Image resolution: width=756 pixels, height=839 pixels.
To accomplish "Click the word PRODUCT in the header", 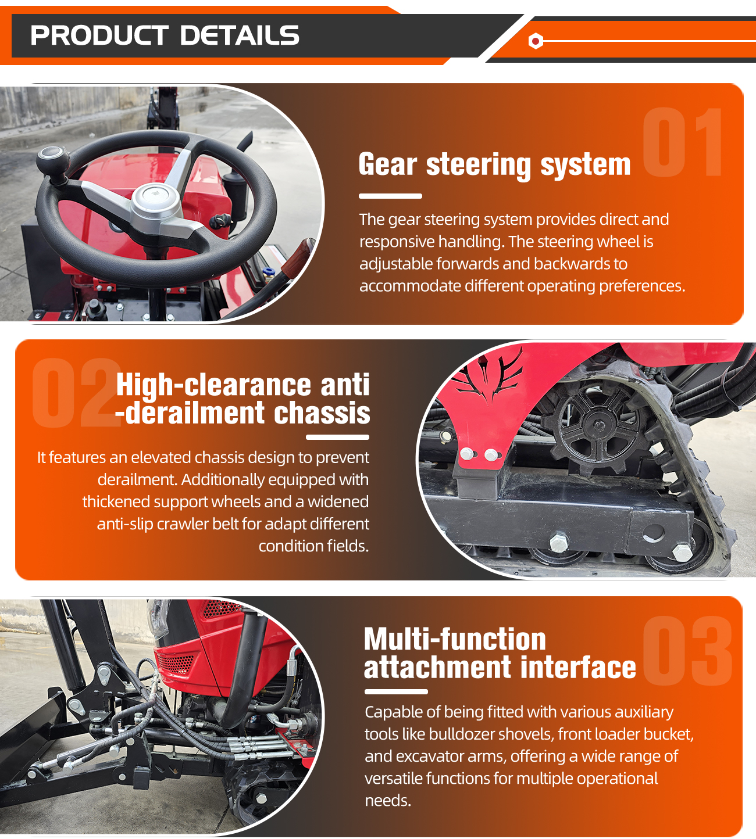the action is [99, 35].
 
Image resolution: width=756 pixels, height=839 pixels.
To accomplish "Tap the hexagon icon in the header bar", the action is [536, 41].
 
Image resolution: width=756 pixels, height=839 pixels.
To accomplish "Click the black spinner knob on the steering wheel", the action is [53, 161].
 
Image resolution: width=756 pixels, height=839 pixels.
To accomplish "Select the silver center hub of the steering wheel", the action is [155, 203].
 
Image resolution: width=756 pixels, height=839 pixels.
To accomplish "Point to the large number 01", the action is [682, 142].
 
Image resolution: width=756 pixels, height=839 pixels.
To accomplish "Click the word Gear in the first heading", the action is [388, 164].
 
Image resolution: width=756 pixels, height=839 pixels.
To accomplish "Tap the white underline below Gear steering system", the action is [390, 196].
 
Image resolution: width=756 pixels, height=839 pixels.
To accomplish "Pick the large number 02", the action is [76, 393].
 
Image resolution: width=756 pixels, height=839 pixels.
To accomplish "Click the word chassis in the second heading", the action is [322, 413].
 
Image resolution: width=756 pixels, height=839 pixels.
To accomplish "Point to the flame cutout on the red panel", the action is [490, 377].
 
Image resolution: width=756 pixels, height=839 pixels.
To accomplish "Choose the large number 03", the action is [687, 650].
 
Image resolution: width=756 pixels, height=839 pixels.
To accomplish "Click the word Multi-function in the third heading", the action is [455, 640].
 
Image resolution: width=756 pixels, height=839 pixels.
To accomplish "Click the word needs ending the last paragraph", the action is [388, 801].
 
